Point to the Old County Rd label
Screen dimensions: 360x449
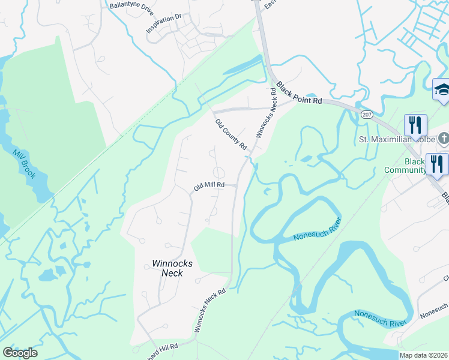(231, 134)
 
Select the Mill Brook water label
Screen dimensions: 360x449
(25, 163)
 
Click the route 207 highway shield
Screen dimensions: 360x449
(366, 114)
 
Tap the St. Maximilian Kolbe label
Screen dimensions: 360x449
(396, 140)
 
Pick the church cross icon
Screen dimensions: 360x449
(443, 139)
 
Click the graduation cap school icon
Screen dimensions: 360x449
(442, 90)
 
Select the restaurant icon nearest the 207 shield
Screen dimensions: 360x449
(415, 125)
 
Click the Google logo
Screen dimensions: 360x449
(20, 353)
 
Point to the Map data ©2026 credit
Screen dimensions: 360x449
(424, 355)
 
